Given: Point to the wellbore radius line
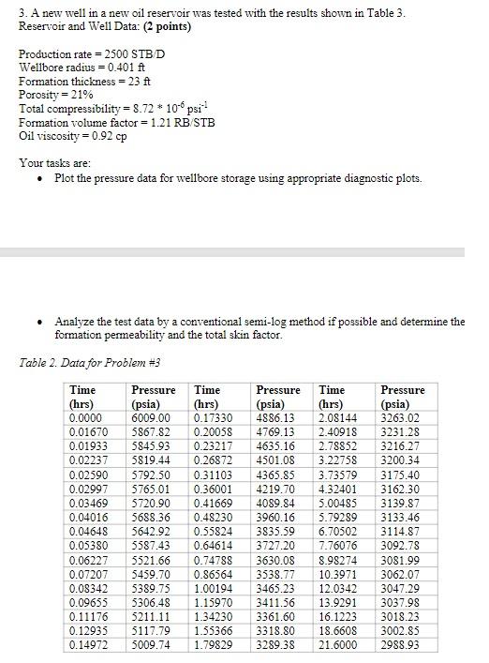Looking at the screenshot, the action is pyautogui.click(x=76, y=68).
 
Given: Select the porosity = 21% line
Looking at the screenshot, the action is pyautogui.click(x=53, y=95).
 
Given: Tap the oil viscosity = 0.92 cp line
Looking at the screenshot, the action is pyautogui.click(x=72, y=136).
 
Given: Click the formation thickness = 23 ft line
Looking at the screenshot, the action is pyautogui.click(x=79, y=82).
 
